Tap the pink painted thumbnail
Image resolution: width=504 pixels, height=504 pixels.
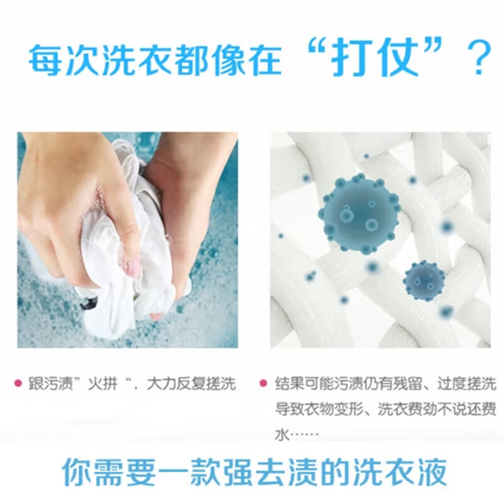tap(134, 268)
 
